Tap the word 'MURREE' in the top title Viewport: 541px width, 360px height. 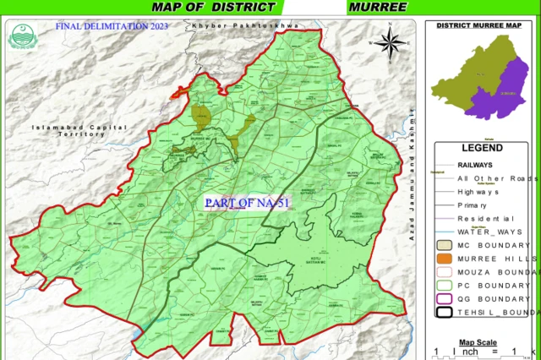(376, 7)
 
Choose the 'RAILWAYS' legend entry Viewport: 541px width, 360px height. (479, 165)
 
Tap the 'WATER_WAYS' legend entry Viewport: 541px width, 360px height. (488, 230)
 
